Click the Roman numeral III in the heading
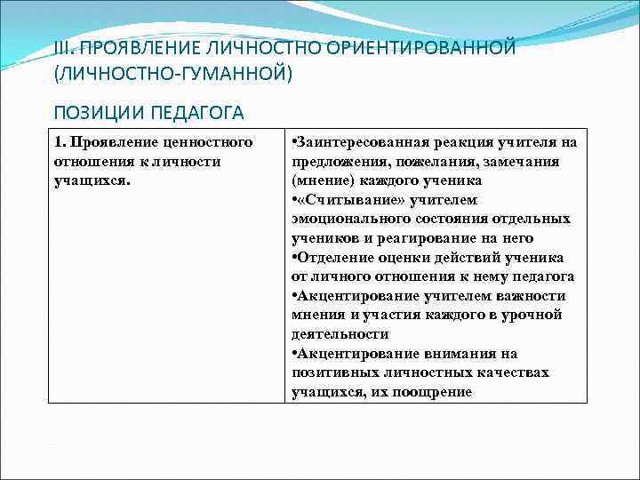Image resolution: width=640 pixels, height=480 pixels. [x=62, y=47]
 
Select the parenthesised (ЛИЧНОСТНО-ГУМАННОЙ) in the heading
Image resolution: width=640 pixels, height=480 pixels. [x=172, y=72]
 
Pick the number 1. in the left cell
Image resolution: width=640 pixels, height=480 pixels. [x=60, y=142]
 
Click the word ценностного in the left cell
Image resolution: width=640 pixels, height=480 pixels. [x=211, y=142]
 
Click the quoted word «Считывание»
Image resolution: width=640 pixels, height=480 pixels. [x=339, y=200]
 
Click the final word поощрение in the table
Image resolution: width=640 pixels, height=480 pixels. [x=431, y=392]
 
